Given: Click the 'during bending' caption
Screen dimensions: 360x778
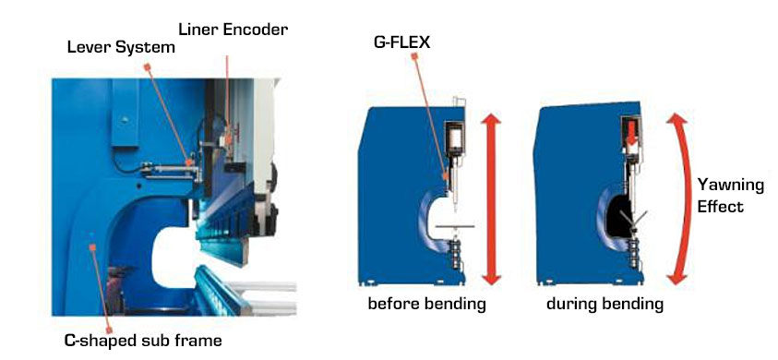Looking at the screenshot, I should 605,305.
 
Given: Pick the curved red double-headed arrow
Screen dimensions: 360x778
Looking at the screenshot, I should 682,198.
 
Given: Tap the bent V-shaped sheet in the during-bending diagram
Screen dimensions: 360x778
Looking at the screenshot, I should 631,217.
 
